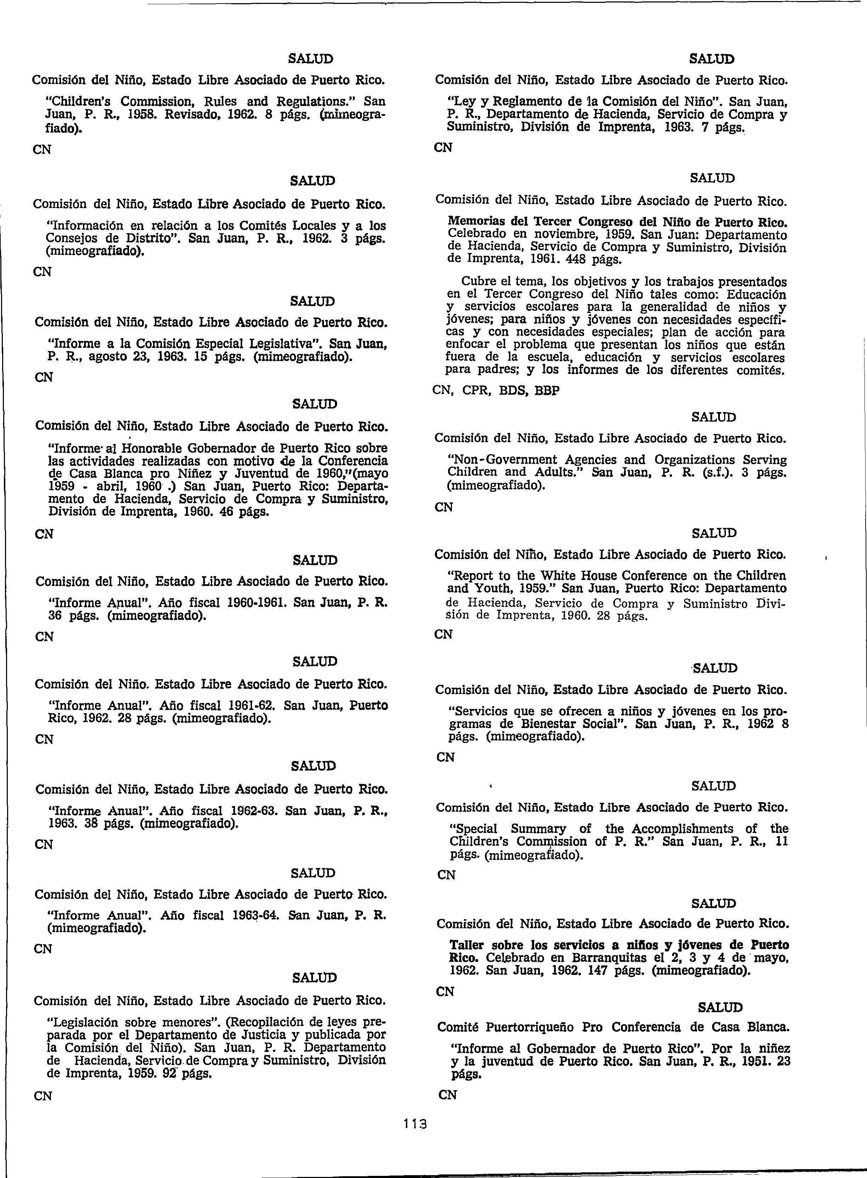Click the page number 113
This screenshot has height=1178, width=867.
[415, 1125]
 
